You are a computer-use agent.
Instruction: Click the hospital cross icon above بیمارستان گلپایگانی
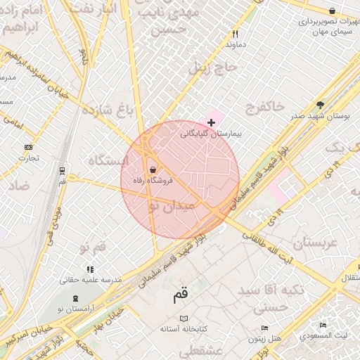211,122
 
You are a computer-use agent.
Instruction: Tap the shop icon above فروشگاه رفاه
153,169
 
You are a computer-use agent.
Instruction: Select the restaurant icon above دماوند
236,33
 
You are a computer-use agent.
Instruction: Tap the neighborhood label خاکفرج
264,107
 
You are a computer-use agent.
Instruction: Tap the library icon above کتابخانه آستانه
184,319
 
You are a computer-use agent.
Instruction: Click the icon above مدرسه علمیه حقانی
89,269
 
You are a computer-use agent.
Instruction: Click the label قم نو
93,248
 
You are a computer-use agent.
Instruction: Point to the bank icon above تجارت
28,147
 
